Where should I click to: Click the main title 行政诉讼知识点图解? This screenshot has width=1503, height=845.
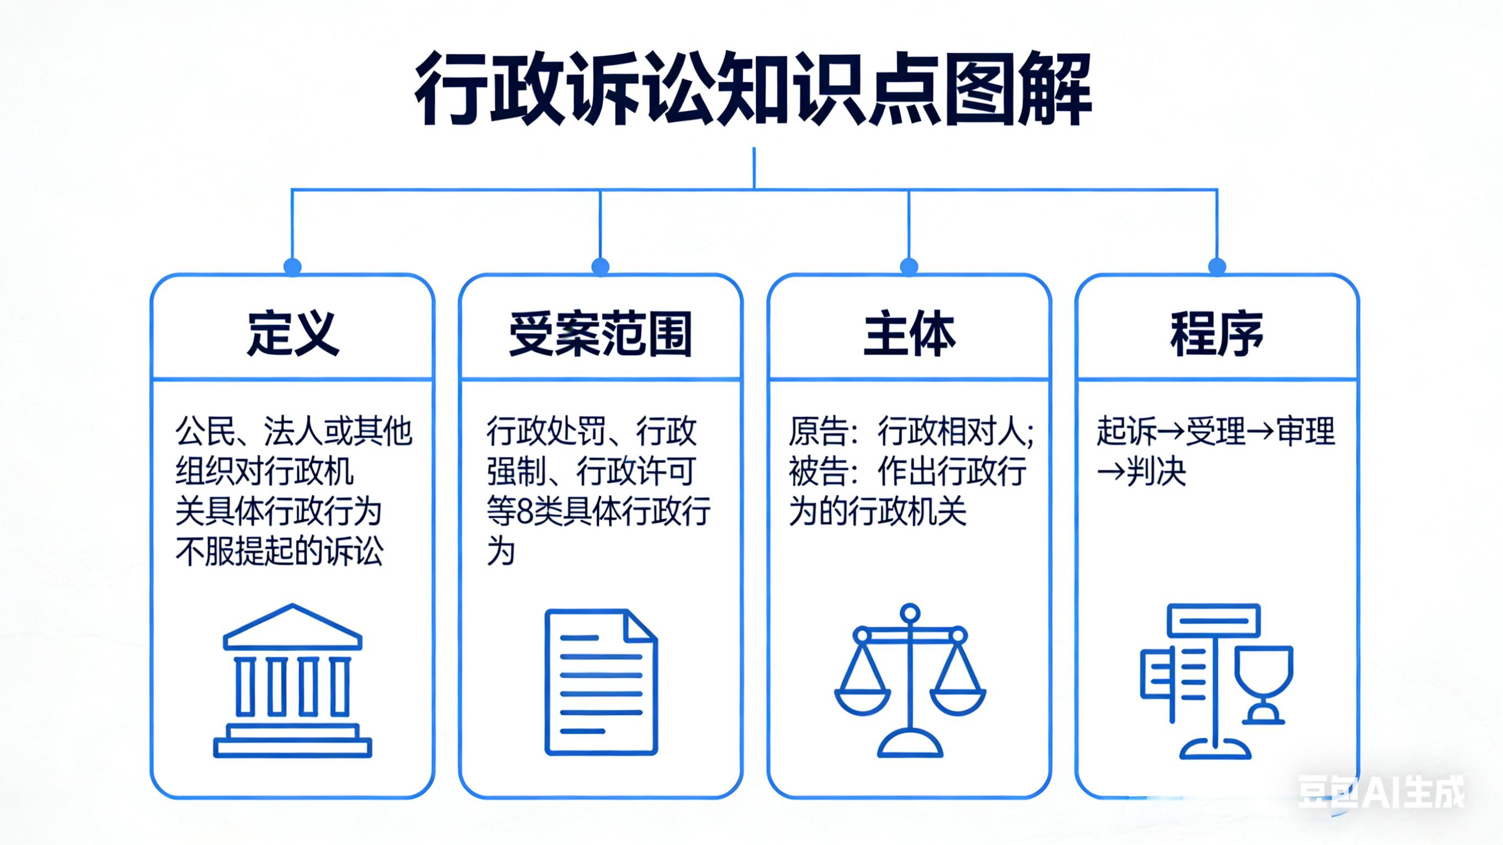coord(753,90)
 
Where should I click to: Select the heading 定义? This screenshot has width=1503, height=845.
coord(292,334)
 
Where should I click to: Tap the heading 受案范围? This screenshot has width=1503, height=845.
coord(601,334)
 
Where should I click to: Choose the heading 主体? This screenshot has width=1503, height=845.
coord(908,334)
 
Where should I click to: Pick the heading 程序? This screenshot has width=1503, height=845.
coord(1217,334)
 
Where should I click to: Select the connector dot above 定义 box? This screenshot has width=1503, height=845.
coord(292,266)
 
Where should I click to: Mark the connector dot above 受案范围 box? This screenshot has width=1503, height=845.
coord(601,266)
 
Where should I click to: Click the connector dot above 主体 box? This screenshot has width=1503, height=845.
coord(909,266)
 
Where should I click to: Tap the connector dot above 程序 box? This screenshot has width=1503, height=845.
coord(1217,266)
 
